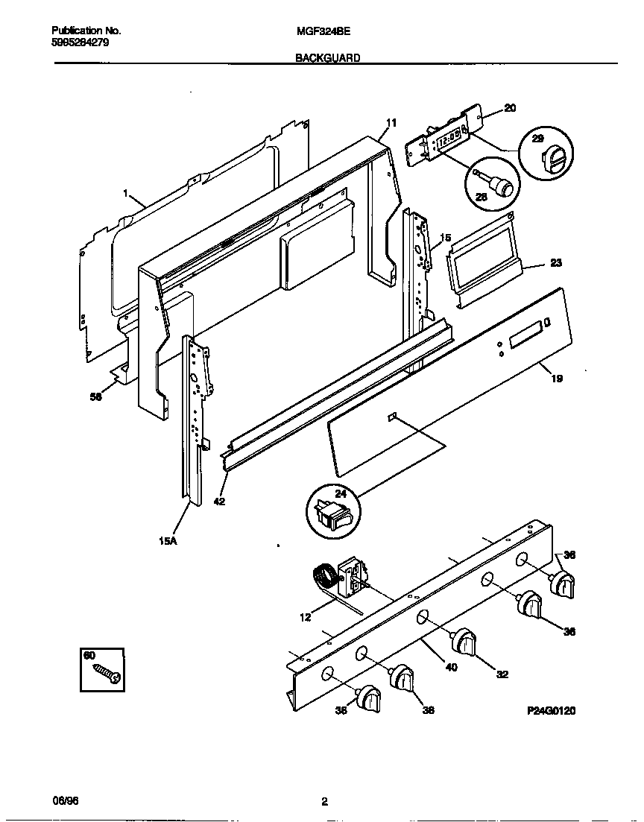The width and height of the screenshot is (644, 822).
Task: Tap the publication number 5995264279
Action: coord(81,42)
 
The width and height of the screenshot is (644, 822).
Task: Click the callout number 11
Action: coord(391,123)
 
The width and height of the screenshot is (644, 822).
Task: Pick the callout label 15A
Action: coord(168,542)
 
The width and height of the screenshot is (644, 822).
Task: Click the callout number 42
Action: coord(219,502)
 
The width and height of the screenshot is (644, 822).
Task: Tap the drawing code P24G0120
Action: coord(551,711)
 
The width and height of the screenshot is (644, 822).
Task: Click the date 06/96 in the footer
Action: coord(65,800)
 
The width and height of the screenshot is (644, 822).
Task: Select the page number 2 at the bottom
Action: coord(324,802)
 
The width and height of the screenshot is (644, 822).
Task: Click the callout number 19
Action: coord(556,379)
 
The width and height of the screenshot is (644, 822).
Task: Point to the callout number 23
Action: coord(556,262)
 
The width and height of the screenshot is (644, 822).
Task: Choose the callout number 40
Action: coord(451,667)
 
